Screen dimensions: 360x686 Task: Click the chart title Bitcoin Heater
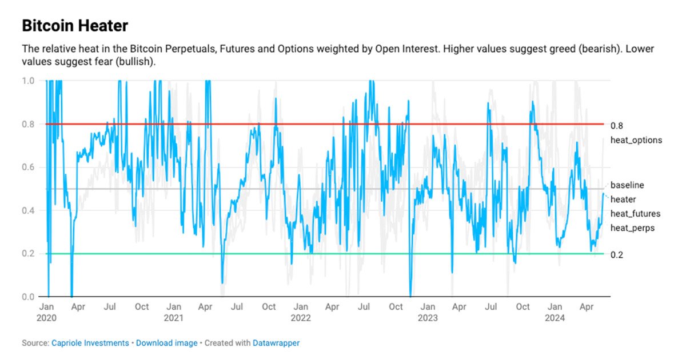75,26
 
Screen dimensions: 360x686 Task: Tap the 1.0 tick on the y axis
28,81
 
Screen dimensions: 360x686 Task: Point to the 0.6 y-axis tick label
28,167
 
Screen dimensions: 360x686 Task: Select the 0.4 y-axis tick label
28,210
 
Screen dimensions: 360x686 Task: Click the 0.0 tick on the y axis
28,297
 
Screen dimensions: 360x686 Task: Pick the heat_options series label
636,140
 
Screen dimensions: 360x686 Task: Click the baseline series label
627,185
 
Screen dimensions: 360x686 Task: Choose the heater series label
623,199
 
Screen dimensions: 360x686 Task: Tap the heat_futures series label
635,214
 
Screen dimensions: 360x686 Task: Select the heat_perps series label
632,228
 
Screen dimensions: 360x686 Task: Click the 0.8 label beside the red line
616,126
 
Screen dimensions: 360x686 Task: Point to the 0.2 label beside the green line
616,254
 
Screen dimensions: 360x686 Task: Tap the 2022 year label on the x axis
301,317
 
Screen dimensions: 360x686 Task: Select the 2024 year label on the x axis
555,317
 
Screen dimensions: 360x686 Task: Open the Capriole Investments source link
90,343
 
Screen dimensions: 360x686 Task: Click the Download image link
166,343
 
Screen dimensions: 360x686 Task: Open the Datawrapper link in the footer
276,343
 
